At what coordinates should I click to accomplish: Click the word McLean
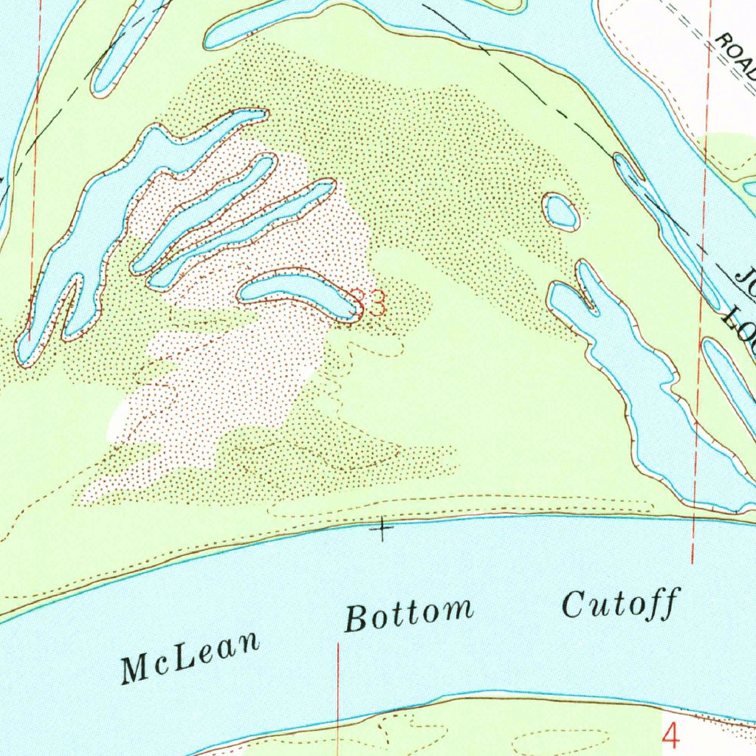(x=190, y=656)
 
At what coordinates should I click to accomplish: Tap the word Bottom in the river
(x=409, y=614)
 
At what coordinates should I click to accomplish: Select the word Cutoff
(x=619, y=605)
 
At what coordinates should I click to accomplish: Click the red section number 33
(x=368, y=303)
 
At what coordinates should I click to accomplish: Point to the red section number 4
(x=670, y=735)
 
